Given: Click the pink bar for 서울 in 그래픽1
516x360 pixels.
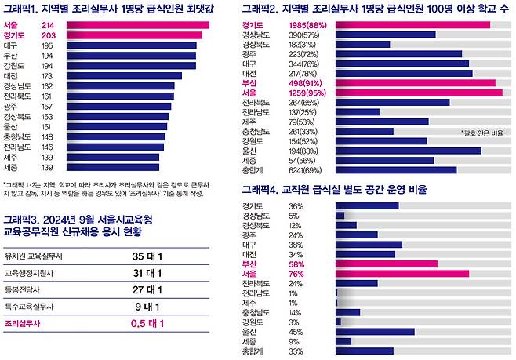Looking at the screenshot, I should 137,25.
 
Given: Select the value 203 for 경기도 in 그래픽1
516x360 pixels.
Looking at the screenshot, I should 49,36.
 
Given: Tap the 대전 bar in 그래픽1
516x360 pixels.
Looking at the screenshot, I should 123,76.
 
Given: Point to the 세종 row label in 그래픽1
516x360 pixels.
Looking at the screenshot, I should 11,167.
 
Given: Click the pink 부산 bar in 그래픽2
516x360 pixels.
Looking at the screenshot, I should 415,83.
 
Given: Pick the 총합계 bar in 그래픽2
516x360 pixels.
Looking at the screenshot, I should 395,169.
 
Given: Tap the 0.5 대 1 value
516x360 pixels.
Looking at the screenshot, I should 147,322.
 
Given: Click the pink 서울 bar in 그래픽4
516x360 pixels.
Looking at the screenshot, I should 402,274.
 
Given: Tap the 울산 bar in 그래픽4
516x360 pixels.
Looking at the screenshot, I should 374,332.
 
